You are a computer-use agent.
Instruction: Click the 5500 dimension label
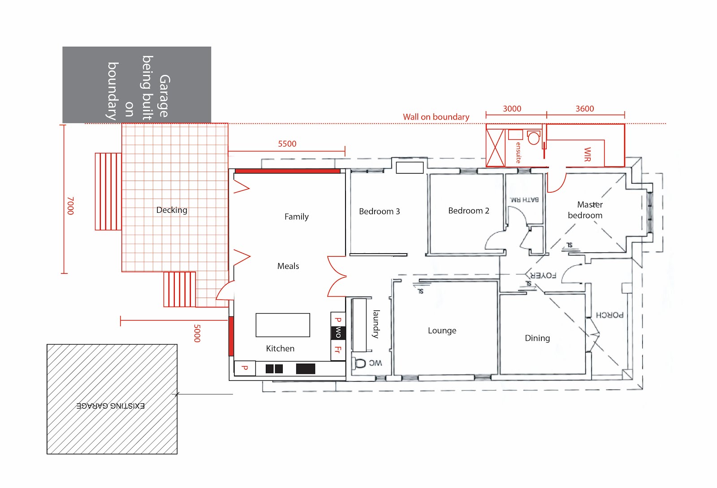pyautogui.click(x=287, y=144)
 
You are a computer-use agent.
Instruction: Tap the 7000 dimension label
pyautogui.click(x=70, y=206)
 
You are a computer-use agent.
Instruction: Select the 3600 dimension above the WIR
pyautogui.click(x=584, y=109)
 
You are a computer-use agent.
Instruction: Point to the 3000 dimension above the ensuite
pyautogui.click(x=512, y=109)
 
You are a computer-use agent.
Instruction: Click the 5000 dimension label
pyautogui.click(x=197, y=333)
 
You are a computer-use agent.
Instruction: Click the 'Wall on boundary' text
pyautogui.click(x=436, y=117)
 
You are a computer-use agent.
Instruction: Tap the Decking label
pyautogui.click(x=172, y=210)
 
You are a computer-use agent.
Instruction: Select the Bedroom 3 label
pyautogui.click(x=379, y=212)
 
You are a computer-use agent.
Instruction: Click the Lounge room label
pyautogui.click(x=442, y=331)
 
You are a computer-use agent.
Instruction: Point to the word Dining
pyautogui.click(x=537, y=338)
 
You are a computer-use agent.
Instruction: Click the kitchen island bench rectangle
pyautogui.click(x=282, y=325)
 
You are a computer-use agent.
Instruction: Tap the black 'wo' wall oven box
pyautogui.click(x=338, y=332)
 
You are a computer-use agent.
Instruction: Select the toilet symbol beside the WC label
pyautogui.click(x=360, y=363)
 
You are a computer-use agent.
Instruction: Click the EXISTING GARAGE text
pyautogui.click(x=111, y=406)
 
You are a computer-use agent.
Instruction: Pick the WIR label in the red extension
pyautogui.click(x=587, y=154)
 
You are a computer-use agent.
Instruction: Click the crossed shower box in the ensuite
pyautogui.click(x=496, y=148)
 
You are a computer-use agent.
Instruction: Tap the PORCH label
pyautogui.click(x=609, y=315)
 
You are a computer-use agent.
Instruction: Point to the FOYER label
pyautogui.click(x=543, y=275)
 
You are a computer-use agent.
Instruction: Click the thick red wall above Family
pyautogui.click(x=287, y=171)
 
